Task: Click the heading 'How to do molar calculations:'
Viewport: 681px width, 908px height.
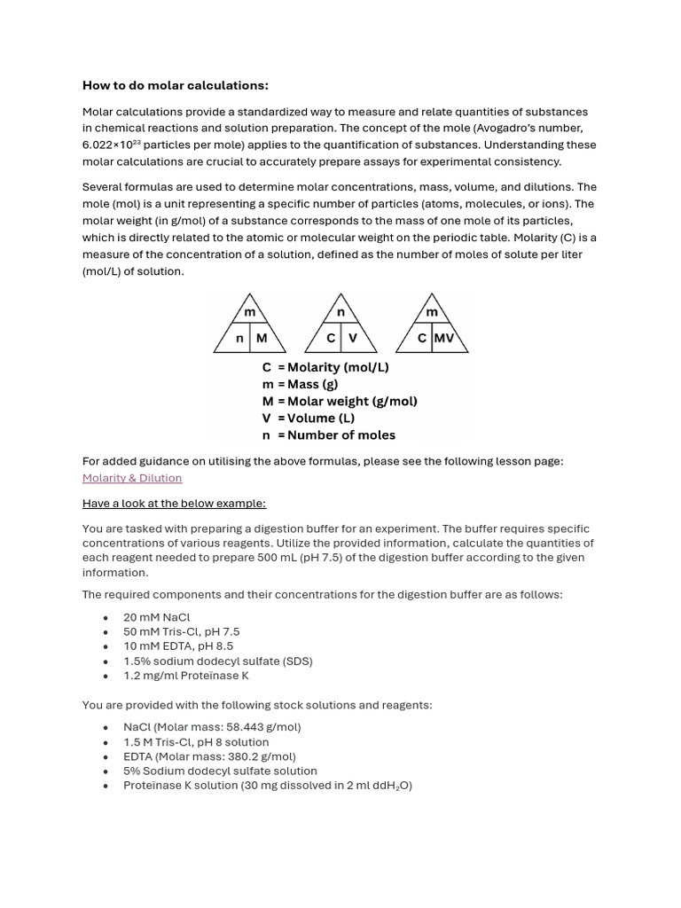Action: click(175, 85)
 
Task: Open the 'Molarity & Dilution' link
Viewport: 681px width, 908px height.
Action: click(132, 478)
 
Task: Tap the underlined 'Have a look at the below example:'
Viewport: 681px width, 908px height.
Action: click(174, 504)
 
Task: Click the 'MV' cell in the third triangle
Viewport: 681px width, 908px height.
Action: click(443, 338)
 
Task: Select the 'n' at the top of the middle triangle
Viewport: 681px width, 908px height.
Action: click(340, 312)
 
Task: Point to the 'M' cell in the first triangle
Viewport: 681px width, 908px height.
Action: click(262, 338)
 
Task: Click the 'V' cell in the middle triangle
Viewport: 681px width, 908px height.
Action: click(353, 338)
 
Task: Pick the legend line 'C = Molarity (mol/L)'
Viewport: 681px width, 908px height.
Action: click(325, 367)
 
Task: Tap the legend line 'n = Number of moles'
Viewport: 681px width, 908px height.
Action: click(328, 435)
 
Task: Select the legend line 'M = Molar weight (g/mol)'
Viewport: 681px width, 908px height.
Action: click(340, 401)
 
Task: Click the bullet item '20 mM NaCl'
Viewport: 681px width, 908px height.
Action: click(157, 617)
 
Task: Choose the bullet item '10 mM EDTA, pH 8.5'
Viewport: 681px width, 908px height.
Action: click(178, 646)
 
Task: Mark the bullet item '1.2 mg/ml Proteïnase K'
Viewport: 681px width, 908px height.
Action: click(186, 676)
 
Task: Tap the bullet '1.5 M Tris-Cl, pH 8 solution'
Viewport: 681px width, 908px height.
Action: click(196, 742)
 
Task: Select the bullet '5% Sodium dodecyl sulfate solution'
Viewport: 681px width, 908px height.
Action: click(220, 771)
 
